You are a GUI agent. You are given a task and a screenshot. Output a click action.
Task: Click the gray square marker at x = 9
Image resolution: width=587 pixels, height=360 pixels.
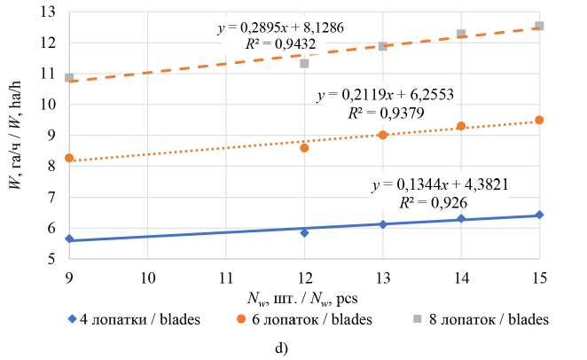point(69,78)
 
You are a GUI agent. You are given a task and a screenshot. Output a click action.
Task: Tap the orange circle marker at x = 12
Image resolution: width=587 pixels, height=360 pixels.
point(304,147)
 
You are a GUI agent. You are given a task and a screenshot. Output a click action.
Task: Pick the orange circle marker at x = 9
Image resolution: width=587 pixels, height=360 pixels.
point(69,158)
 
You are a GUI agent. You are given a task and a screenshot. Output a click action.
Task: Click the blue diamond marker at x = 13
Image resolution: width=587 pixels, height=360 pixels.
point(382,224)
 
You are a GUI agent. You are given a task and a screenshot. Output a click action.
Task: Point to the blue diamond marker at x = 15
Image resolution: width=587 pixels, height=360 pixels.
point(539,215)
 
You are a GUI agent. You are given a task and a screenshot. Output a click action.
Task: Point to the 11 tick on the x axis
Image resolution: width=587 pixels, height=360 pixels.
point(226,277)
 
